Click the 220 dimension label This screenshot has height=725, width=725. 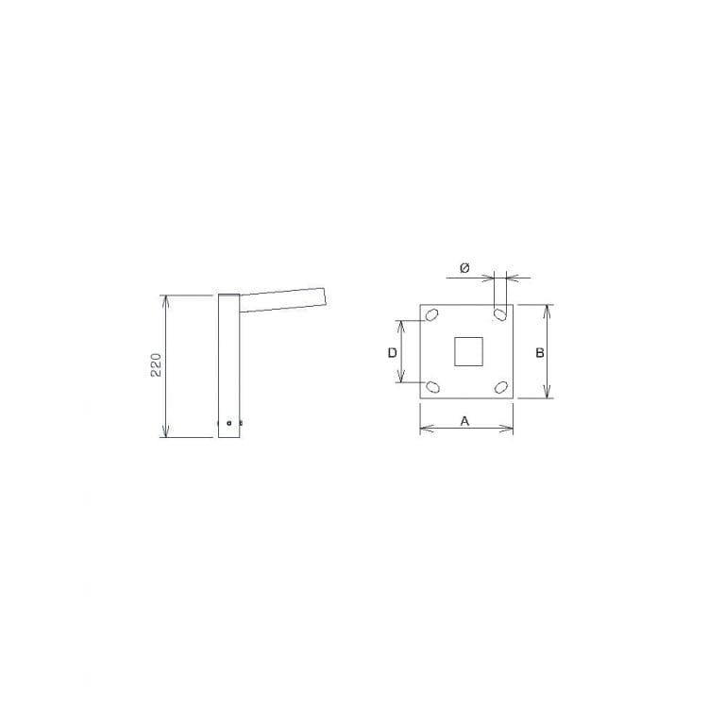tap(156, 364)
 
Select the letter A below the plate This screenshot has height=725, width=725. tap(464, 421)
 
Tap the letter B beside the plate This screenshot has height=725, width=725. tap(540, 353)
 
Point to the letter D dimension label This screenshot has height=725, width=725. tap(392, 353)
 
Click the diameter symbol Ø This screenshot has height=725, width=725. tap(464, 268)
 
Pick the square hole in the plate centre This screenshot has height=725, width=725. tap(468, 351)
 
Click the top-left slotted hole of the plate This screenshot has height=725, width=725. tap(431, 315)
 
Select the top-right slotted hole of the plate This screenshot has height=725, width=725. tap(499, 314)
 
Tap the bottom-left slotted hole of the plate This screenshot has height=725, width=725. tap(431, 386)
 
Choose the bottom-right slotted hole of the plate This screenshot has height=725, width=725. tap(500, 387)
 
